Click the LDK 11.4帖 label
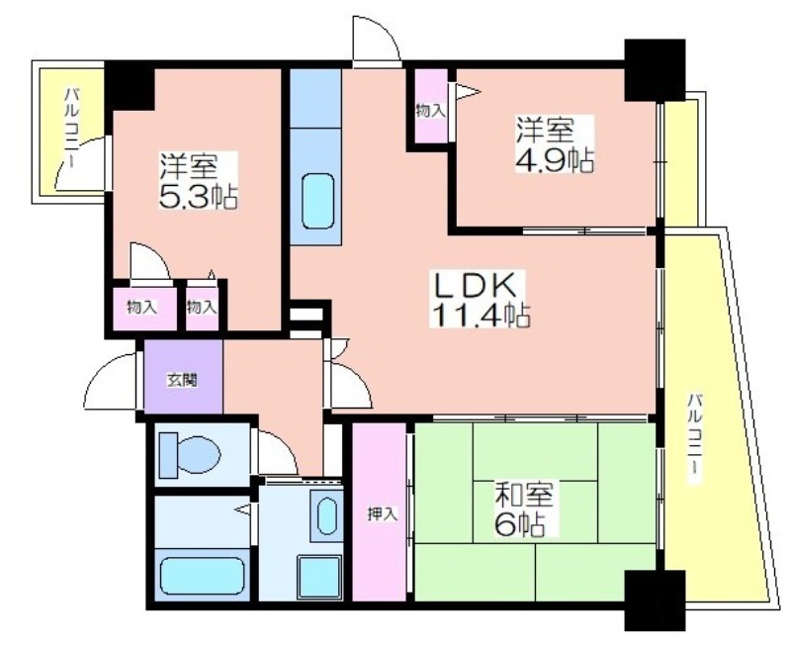[480, 299]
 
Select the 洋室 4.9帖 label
[554, 143]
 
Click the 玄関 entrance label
[182, 380]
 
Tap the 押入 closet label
[383, 513]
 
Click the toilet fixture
[190, 455]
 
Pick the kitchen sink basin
[317, 201]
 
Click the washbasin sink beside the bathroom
[327, 515]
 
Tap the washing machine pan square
[319, 577]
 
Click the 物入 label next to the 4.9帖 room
[431, 111]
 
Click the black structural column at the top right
[655, 70]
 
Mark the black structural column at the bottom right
[655, 600]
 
